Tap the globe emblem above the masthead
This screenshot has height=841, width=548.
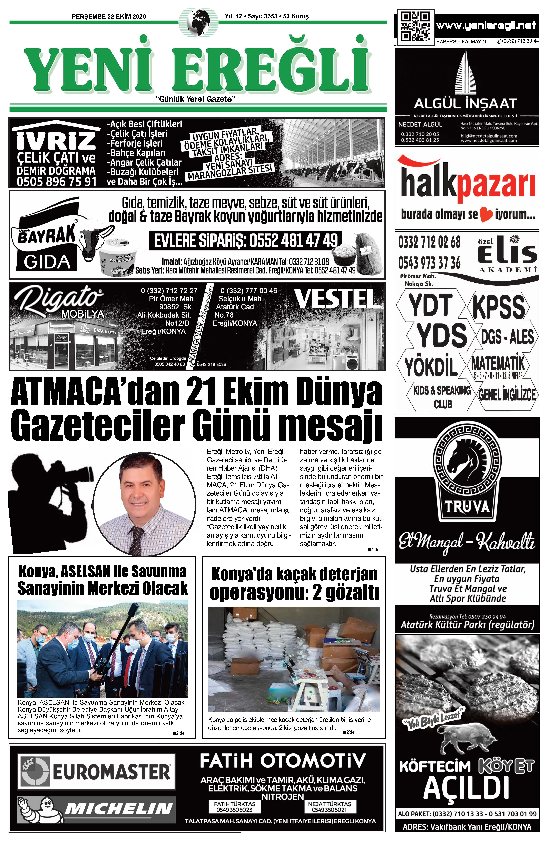click(x=198, y=22)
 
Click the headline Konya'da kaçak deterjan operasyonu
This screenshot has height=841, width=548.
click(x=294, y=584)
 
